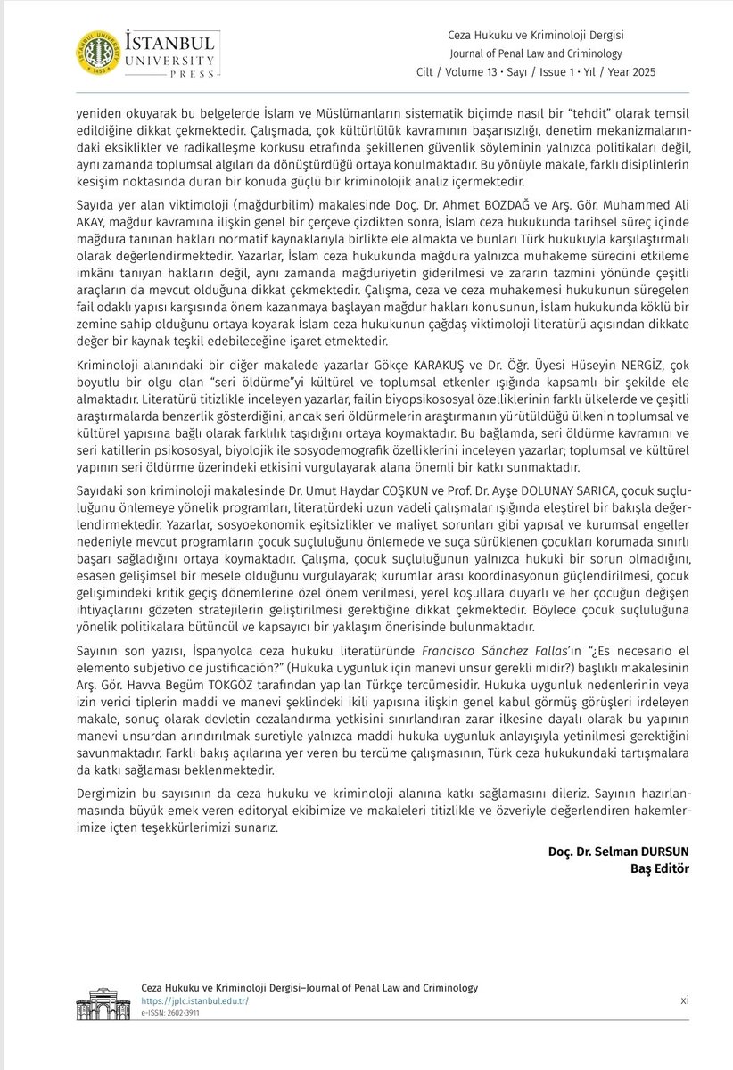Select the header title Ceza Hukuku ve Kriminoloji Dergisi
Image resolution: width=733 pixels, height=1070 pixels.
[x=548, y=35]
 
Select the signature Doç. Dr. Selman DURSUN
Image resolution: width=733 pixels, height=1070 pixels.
[x=619, y=852]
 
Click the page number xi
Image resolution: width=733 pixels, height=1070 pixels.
[x=684, y=1000]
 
